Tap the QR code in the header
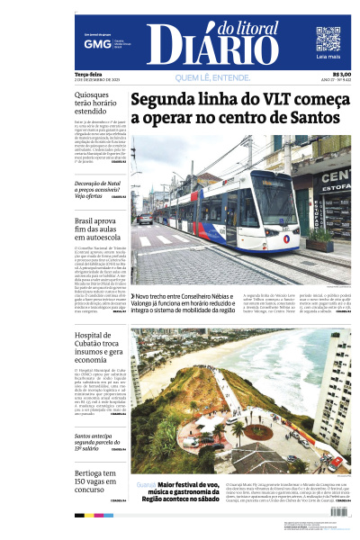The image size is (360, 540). pyautogui.click(x=328, y=39)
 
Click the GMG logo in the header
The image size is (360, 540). pyautogui.click(x=92, y=42)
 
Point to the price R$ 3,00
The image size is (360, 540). pyautogui.click(x=341, y=75)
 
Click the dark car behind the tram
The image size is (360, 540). pyautogui.click(x=144, y=219)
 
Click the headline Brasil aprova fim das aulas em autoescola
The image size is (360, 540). pyautogui.click(x=97, y=229)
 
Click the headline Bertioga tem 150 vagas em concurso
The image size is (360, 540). pyautogui.click(x=97, y=481)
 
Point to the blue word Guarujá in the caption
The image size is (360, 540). pyautogui.click(x=145, y=485)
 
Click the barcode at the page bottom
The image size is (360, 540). pyautogui.click(x=334, y=511)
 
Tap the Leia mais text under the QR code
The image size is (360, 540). pyautogui.click(x=328, y=57)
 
